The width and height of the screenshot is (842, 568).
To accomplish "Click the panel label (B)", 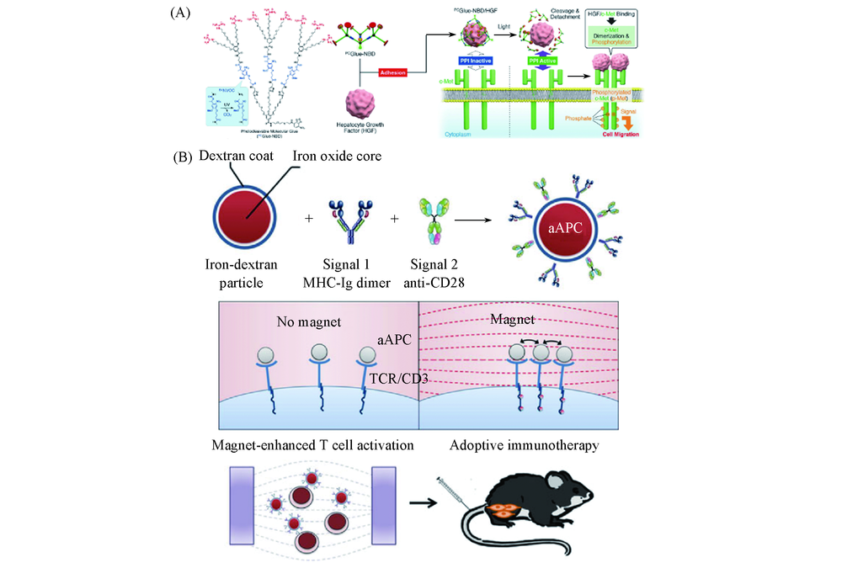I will (x=182, y=157).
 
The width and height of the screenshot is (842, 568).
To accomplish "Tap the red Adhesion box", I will (x=393, y=73).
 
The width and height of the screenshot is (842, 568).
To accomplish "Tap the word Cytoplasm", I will (x=459, y=132).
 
